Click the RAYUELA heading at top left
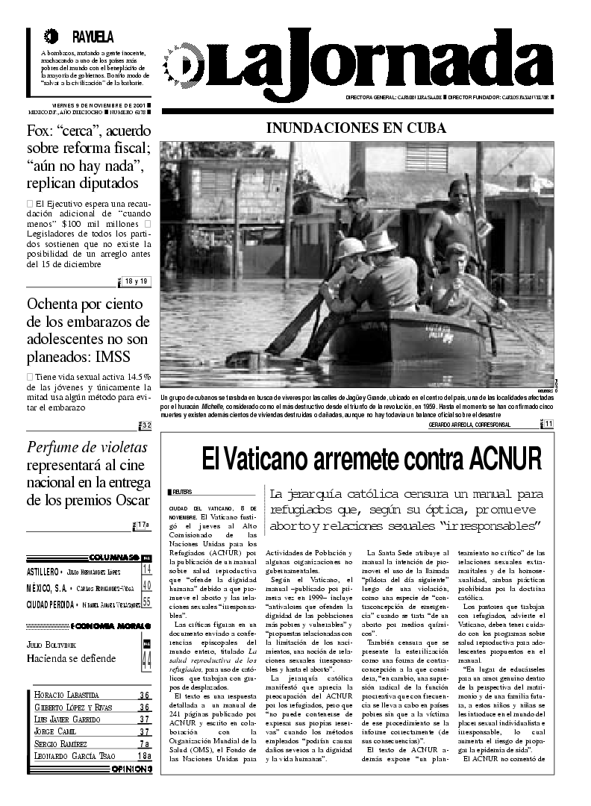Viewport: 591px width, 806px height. click(x=93, y=37)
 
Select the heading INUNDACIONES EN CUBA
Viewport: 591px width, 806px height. click(x=356, y=128)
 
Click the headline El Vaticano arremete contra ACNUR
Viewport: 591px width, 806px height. click(x=371, y=458)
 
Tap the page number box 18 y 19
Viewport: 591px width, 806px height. click(x=137, y=281)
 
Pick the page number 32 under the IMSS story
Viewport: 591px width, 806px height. click(x=146, y=425)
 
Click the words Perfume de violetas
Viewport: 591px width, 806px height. click(x=87, y=448)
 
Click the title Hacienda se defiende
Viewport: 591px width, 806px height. click(x=71, y=658)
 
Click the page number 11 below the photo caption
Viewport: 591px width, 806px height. click(x=548, y=424)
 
